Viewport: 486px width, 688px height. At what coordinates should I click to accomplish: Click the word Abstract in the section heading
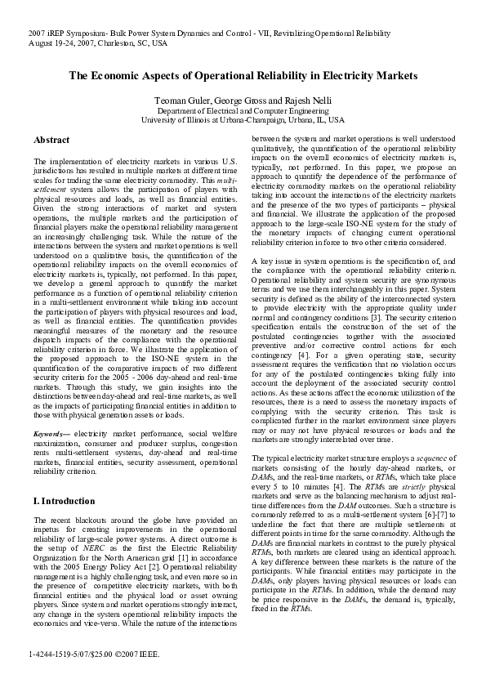pos(51,140)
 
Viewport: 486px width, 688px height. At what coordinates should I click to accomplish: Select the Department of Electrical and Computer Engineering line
pos(242,109)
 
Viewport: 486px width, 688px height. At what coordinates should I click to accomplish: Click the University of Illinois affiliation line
pos(242,119)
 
